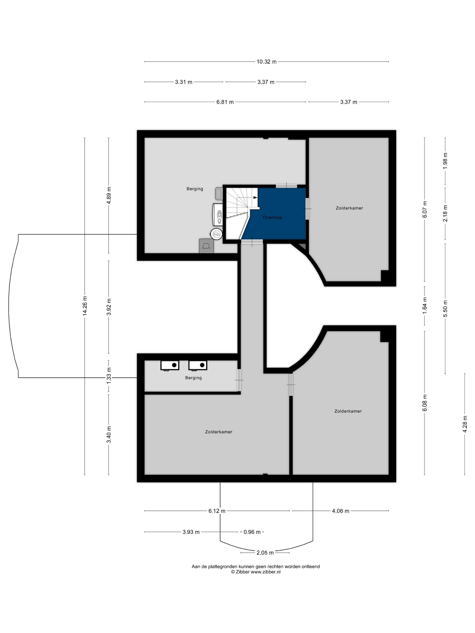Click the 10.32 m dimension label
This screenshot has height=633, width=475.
click(x=266, y=62)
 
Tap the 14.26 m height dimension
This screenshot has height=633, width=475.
click(x=85, y=306)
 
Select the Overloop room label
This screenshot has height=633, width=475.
click(x=272, y=218)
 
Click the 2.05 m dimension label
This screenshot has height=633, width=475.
click(x=265, y=553)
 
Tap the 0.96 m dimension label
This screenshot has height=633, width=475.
click(x=252, y=532)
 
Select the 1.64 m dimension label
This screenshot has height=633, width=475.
click(x=425, y=306)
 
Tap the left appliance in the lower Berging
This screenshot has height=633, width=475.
click(x=170, y=365)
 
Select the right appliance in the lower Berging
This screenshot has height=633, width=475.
click(x=198, y=365)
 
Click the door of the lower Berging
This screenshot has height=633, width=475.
click(x=239, y=380)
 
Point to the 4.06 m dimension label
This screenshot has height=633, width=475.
click(x=340, y=511)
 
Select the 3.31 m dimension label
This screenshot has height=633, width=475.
click(x=184, y=82)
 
